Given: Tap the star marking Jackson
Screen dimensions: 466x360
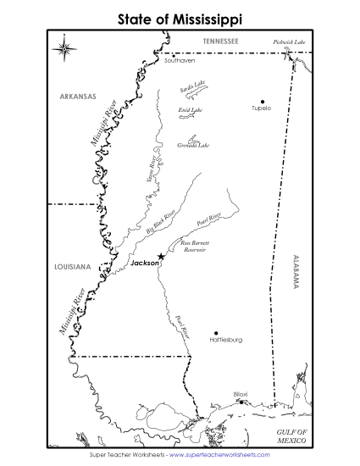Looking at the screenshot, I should click(x=161, y=256).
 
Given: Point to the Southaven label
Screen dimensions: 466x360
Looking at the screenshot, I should click(x=180, y=61).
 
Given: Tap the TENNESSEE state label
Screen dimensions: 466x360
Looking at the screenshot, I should click(x=220, y=41).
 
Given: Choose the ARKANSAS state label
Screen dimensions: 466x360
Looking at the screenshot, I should click(x=79, y=96).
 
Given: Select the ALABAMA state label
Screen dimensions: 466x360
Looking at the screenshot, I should click(x=296, y=272).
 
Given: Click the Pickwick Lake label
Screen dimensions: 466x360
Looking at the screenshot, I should click(x=290, y=42).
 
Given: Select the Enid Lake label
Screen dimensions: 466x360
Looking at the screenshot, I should click(x=190, y=110).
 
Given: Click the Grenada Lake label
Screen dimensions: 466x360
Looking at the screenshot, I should click(x=193, y=145).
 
